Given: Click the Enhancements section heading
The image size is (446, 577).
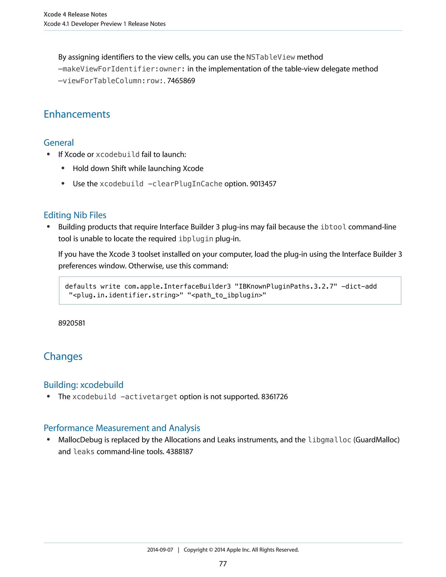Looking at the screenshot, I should click(x=77, y=114).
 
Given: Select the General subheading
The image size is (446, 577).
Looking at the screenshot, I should click(x=59, y=143).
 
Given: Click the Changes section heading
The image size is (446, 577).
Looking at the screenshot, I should click(x=63, y=356).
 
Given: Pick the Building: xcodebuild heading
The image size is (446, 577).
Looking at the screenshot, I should click(x=83, y=385).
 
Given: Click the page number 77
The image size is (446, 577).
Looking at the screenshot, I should click(x=223, y=564).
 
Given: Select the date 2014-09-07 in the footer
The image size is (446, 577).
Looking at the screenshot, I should click(x=160, y=550).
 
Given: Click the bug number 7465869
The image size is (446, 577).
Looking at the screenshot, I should click(x=181, y=81).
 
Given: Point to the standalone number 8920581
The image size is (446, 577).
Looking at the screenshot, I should click(x=72, y=323).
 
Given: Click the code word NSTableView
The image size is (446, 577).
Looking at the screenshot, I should click(x=270, y=57).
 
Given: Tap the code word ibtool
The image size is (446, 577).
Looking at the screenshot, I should click(x=333, y=227).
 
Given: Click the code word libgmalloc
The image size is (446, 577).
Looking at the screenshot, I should click(x=329, y=440).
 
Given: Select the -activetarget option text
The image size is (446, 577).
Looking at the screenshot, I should click(x=149, y=396).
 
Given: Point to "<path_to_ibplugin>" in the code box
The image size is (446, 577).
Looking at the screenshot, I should click(x=226, y=295).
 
